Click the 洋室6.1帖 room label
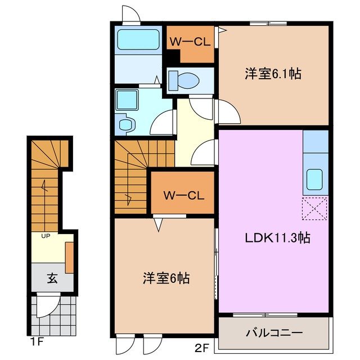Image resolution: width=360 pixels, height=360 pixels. point(272,73)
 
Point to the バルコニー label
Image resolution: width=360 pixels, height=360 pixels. point(273,333)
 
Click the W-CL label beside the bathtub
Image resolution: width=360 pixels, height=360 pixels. point(190,42)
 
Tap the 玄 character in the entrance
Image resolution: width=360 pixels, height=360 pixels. point(51,278)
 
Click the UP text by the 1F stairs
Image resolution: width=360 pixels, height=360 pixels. point(45,236)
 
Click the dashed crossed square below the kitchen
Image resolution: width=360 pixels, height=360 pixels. point(314,209)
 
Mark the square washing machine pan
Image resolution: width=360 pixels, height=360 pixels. point(127,100)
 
